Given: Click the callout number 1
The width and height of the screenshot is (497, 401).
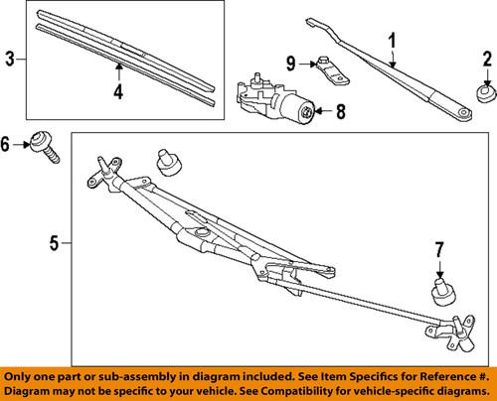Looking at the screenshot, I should pos(392,43).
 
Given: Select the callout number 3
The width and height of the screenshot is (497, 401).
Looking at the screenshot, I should pos(10,60).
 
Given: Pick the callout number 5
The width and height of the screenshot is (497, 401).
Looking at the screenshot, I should pos(55,241).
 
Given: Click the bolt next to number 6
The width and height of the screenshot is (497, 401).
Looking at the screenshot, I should pos(46,148).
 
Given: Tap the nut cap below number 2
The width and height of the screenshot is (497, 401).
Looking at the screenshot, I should pos(484,92).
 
